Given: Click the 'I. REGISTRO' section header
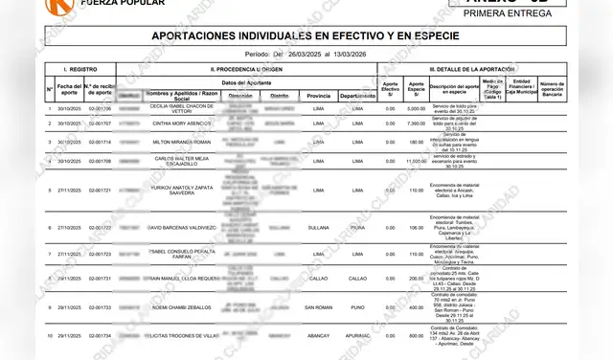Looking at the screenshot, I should [79, 70].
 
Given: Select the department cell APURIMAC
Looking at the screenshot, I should [357, 336].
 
